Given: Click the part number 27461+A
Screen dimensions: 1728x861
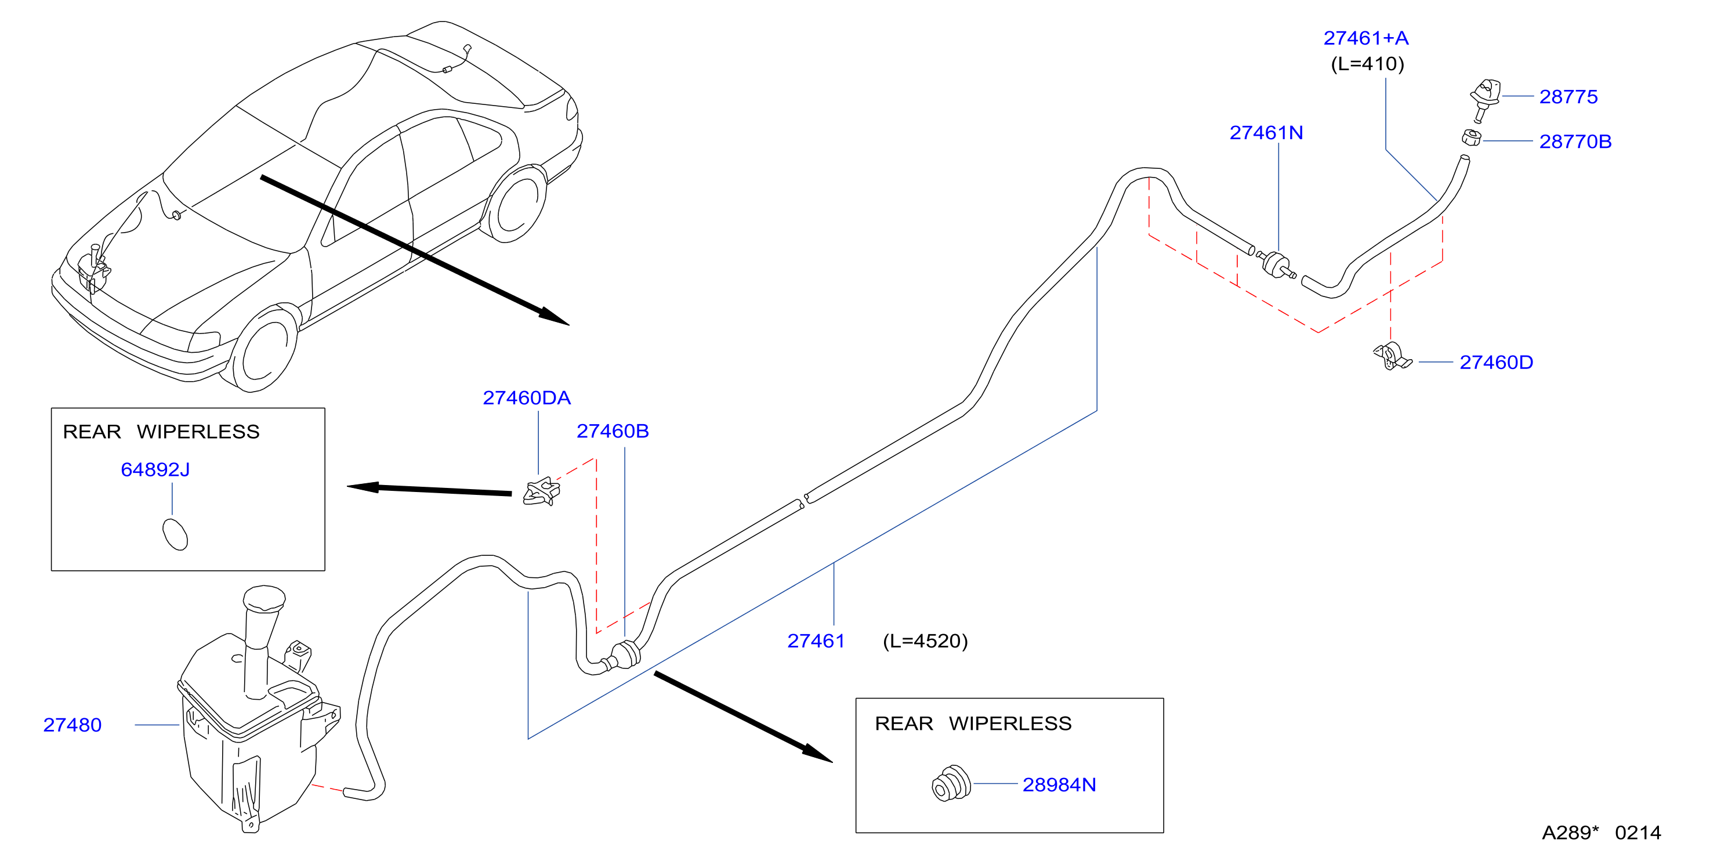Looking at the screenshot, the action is (1366, 38).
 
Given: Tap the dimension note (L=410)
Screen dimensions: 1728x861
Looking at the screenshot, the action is (1367, 64).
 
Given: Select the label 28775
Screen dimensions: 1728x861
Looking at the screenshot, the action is (1568, 97).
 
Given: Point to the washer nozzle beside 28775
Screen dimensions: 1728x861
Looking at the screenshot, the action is (1484, 99).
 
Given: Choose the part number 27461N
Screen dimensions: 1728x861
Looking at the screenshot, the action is (1266, 133).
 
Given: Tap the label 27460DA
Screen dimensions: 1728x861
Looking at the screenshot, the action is (527, 398).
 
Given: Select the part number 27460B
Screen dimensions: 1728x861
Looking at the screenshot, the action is (613, 431).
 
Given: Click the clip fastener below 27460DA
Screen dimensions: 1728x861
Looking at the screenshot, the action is (541, 491).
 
